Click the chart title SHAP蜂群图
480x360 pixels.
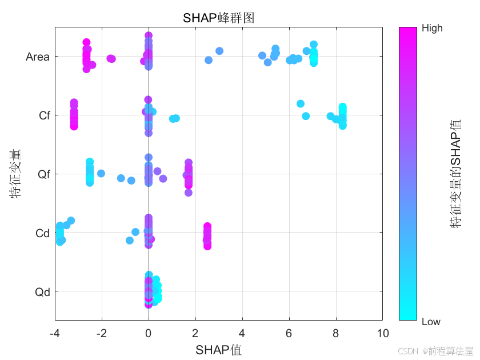[218, 18]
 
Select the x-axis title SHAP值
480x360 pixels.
[218, 350]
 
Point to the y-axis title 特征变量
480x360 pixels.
[15, 173]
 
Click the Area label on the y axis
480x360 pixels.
[38, 57]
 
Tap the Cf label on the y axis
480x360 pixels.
[45, 115]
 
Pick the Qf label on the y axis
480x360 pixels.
[44, 174]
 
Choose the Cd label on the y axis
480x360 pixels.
[43, 233]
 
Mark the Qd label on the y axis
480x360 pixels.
[43, 292]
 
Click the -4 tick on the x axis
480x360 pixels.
[55, 334]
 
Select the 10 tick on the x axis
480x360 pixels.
[382, 334]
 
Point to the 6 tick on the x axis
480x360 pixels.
[289, 334]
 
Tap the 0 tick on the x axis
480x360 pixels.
[149, 334]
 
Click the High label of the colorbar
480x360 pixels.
[432, 29]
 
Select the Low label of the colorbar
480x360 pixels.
[431, 322]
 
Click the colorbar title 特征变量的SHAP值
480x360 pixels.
[456, 174]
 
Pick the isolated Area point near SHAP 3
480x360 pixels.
[219, 51]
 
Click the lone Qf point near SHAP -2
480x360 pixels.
[101, 173]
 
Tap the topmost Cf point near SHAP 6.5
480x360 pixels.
[301, 103]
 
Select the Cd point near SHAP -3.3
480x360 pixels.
[71, 220]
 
